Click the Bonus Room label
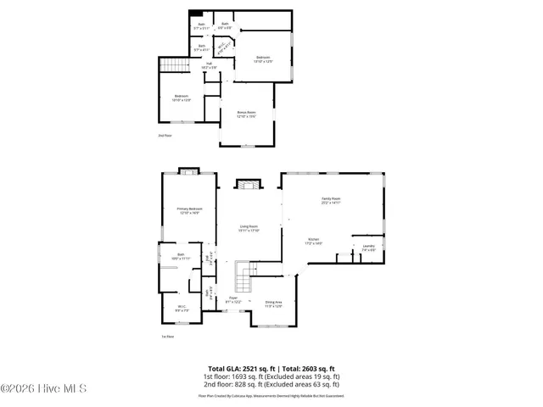coord(246,114)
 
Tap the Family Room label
coord(331,201)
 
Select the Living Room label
coord(249,228)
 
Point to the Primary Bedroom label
coord(190,210)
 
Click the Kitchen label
coord(314,242)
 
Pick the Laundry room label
coord(368,248)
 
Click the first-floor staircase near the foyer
coord(245,275)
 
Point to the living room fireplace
coord(248,185)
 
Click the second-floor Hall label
coord(209,65)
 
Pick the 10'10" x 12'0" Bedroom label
coord(182,98)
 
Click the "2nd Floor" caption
coord(165,135)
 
